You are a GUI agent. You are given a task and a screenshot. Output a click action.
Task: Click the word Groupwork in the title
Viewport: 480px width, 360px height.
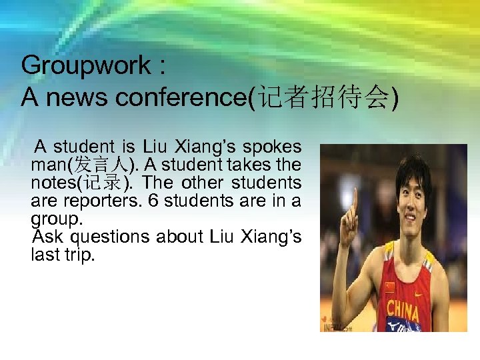click(x=86, y=66)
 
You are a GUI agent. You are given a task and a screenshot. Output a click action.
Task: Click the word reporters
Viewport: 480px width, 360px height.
click(x=106, y=201)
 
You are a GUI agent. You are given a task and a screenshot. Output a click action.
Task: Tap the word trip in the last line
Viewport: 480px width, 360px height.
click(x=79, y=255)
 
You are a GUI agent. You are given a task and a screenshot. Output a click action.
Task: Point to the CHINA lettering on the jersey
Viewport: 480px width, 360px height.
click(x=403, y=310)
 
